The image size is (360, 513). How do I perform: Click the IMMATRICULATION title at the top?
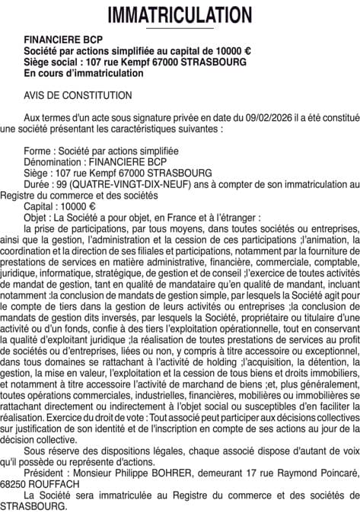[180, 14]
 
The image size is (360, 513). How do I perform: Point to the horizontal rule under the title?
[180, 29]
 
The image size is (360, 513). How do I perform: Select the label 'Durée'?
[38, 184]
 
